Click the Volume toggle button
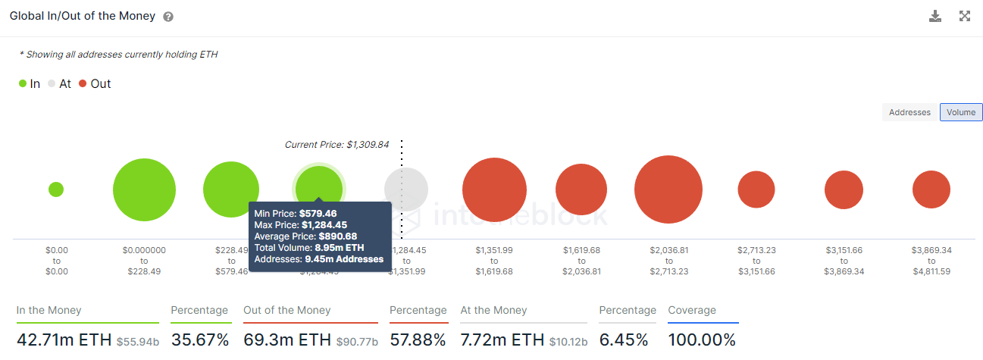(961, 112)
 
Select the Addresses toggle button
(909, 112)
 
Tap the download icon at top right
(935, 16)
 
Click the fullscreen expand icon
(965, 16)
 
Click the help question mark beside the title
(168, 17)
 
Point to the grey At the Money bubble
(406, 189)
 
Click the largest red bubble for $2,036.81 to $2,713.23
(668, 189)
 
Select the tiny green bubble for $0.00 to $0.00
(56, 189)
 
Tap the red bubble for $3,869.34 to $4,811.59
(931, 189)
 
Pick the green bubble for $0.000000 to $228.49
(144, 190)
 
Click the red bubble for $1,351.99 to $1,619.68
(494, 190)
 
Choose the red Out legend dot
(83, 83)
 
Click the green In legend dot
(23, 83)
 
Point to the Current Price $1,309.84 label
(337, 144)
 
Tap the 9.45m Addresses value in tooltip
(344, 259)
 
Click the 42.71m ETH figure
(64, 340)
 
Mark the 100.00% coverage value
(702, 340)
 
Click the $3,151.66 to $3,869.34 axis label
(844, 261)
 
